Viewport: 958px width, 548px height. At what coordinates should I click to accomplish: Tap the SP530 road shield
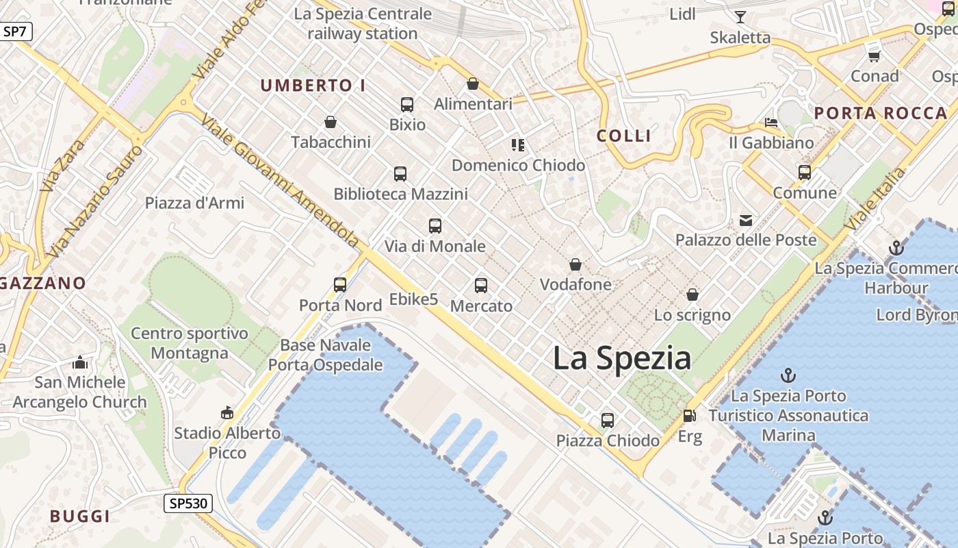click(x=188, y=504)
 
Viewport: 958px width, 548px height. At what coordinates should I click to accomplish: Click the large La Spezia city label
click(x=621, y=358)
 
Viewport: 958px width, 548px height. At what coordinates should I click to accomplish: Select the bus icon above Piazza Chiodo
click(x=608, y=420)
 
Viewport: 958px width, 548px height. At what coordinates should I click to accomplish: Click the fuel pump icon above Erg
click(x=689, y=416)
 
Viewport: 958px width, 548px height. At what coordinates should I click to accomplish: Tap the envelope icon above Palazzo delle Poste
click(x=745, y=221)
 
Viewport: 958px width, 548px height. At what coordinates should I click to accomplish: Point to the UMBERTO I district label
click(x=313, y=86)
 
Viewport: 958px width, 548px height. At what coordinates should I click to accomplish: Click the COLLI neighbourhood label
click(x=623, y=136)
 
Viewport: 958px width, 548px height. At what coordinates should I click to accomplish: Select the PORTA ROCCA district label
click(x=881, y=114)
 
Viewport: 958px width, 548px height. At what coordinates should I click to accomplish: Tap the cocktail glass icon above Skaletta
click(x=740, y=17)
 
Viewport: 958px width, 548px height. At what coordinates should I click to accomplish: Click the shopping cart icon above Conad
click(x=874, y=55)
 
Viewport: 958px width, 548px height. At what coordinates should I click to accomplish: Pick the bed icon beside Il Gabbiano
click(x=771, y=123)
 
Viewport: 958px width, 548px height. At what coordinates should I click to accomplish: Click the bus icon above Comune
click(x=805, y=173)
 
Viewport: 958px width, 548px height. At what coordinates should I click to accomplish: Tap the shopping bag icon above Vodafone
click(x=575, y=264)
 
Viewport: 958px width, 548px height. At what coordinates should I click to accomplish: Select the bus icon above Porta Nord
click(x=340, y=285)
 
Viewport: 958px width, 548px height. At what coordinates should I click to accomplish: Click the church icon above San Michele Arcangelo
click(x=80, y=362)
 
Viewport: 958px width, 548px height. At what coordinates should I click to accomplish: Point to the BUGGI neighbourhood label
click(x=80, y=516)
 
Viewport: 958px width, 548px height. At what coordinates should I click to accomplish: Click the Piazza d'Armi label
click(x=194, y=203)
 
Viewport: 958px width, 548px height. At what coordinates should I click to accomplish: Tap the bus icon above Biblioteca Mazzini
click(x=400, y=174)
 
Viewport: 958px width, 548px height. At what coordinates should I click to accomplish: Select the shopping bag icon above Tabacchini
click(x=331, y=122)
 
